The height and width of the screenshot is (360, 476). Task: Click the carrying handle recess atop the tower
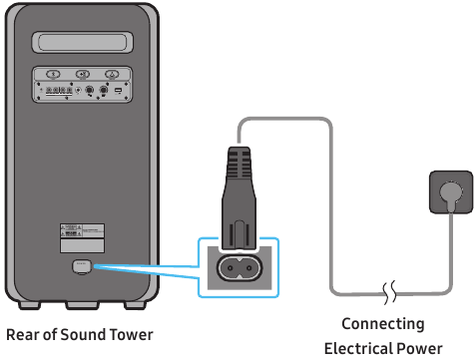84,44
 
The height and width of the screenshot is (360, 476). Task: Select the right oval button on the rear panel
113,74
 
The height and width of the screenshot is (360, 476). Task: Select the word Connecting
382,324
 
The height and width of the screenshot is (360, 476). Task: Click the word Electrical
357,348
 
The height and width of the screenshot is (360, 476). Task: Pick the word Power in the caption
419,348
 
